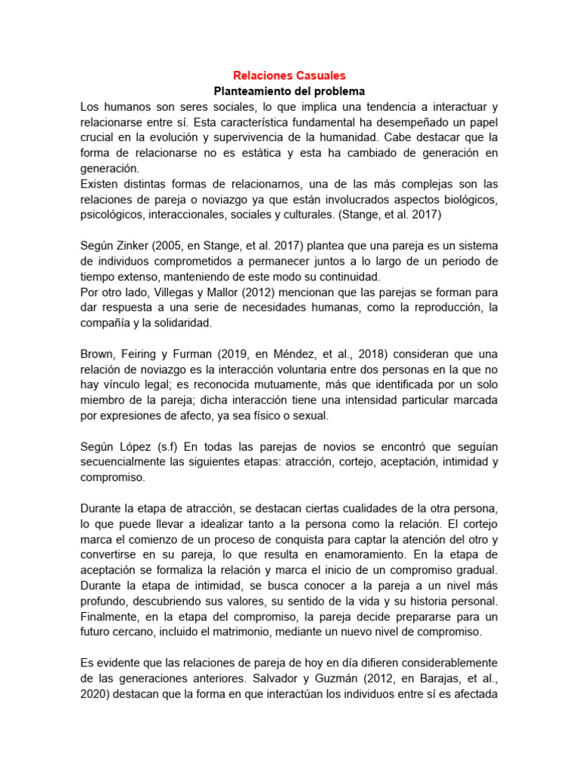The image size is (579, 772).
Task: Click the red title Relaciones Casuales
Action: (x=289, y=75)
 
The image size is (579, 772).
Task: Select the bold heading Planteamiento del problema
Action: (x=289, y=91)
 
